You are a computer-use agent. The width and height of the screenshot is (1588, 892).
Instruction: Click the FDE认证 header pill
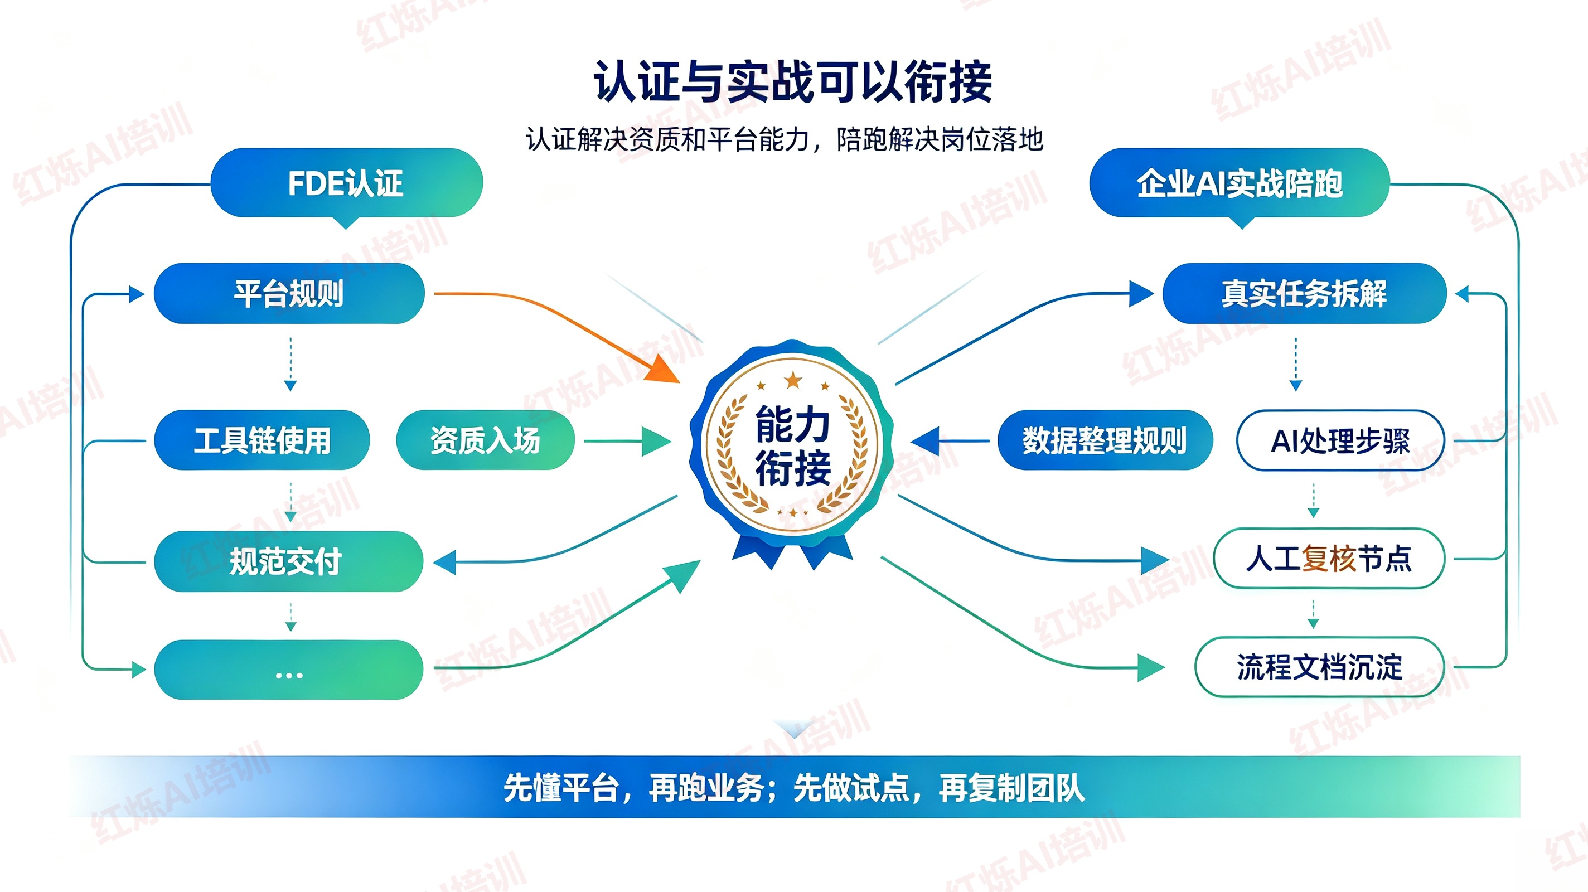click(x=346, y=183)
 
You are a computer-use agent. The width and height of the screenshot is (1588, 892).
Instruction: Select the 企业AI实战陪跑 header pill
click(x=1239, y=183)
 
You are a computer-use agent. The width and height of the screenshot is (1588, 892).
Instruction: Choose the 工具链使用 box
click(x=262, y=440)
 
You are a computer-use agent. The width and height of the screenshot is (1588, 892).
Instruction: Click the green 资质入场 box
click(x=485, y=440)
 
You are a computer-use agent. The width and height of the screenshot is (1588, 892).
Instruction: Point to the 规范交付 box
click(x=288, y=561)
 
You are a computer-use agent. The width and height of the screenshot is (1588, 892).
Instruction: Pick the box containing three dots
click(x=288, y=670)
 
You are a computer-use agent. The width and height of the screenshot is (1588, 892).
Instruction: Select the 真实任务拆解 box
click(x=1304, y=293)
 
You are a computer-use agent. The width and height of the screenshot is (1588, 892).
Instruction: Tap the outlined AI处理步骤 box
click(x=1340, y=440)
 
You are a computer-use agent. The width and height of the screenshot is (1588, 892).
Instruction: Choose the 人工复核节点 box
click(x=1329, y=559)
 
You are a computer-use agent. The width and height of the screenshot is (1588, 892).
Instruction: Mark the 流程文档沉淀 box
click(x=1320, y=667)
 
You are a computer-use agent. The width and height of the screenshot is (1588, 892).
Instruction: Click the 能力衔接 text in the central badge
click(x=793, y=445)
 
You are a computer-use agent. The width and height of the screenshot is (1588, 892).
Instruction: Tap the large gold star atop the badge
click(x=793, y=380)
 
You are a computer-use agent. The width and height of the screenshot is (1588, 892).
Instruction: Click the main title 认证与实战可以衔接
click(x=793, y=81)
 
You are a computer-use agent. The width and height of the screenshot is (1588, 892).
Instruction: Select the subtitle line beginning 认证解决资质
click(x=784, y=139)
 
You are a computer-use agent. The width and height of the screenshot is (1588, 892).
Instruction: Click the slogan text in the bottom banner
click(x=794, y=788)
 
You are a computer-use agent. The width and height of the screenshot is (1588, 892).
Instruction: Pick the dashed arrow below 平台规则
click(x=291, y=364)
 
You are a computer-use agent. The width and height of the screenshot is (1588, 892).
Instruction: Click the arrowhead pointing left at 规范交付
click(x=444, y=562)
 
